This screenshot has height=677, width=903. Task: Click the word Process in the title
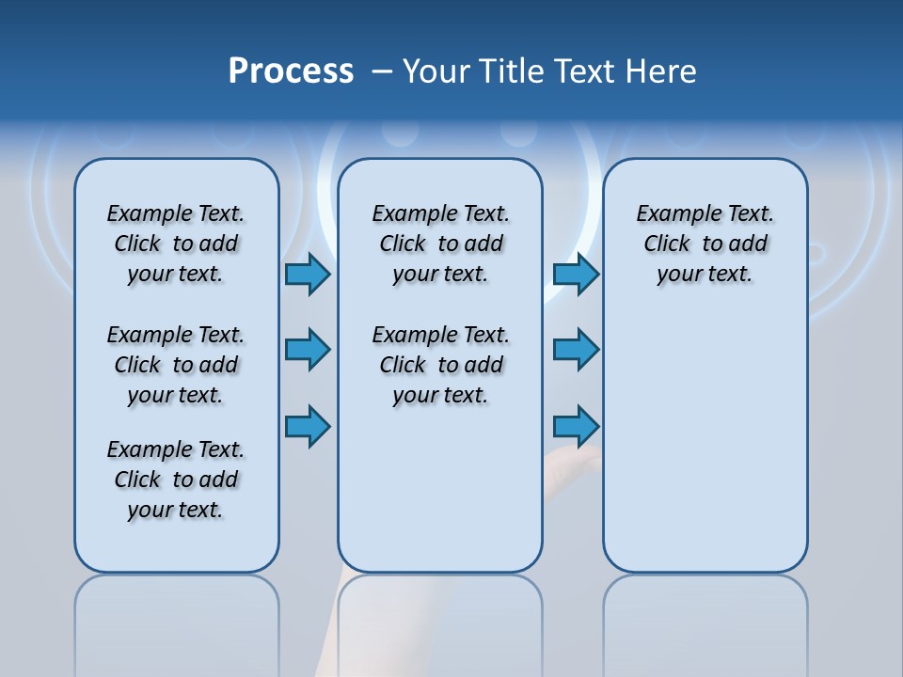pyautogui.click(x=291, y=71)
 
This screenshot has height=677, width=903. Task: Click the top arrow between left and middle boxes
pyautogui.click(x=308, y=275)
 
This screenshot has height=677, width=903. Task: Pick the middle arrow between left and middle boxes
pyautogui.click(x=308, y=350)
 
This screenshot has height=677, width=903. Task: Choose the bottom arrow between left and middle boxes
pyautogui.click(x=308, y=427)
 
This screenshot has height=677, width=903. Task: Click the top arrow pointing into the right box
pyautogui.click(x=576, y=275)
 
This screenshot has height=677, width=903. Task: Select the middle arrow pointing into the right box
pyautogui.click(x=576, y=350)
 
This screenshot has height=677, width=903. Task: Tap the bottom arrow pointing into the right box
pyautogui.click(x=576, y=427)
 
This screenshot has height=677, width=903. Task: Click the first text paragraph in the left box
pyautogui.click(x=176, y=244)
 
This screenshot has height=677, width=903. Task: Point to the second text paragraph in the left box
pyautogui.click(x=176, y=365)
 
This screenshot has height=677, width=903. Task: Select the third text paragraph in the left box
pyautogui.click(x=176, y=480)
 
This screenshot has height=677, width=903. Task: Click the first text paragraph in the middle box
pyautogui.click(x=440, y=244)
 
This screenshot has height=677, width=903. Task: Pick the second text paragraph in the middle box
pyautogui.click(x=440, y=365)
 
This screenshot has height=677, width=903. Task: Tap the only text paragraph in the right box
pyautogui.click(x=705, y=244)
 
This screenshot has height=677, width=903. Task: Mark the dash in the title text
pyautogui.click(x=382, y=71)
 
